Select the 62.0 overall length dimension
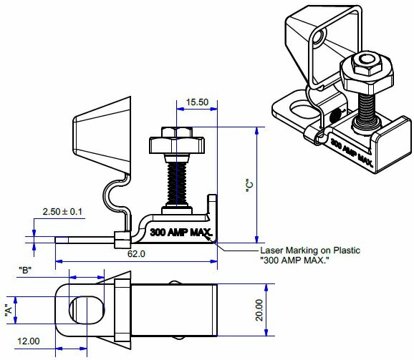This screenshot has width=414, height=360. click(x=136, y=253)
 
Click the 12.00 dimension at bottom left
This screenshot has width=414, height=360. click(x=28, y=341)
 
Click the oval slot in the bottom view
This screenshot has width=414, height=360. click(x=85, y=309)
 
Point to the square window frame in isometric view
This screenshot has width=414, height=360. click(x=316, y=50)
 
